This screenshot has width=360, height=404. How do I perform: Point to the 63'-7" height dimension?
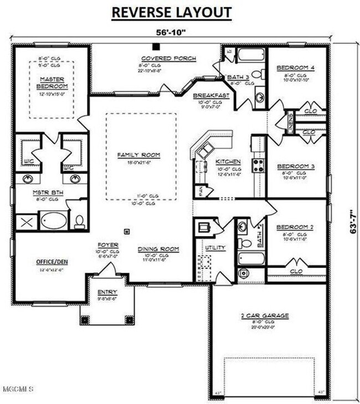353,221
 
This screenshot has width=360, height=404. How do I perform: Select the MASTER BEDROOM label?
52,83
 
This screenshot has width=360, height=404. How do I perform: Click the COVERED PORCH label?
159,58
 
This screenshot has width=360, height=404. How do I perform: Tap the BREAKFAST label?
211,95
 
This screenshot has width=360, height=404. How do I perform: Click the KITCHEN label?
228,162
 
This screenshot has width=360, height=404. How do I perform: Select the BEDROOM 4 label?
295,68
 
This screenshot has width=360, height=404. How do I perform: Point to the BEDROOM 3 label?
295,166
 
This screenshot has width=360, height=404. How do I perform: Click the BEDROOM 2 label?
295,227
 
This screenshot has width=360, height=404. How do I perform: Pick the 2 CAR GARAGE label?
264,315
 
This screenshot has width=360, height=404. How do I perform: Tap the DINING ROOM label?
158,249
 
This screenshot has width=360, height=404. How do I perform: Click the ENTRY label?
107,292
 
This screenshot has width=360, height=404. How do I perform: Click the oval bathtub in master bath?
52,221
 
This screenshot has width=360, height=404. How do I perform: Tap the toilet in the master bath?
79,221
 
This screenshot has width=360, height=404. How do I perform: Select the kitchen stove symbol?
258,164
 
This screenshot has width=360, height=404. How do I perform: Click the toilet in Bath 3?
257,74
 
